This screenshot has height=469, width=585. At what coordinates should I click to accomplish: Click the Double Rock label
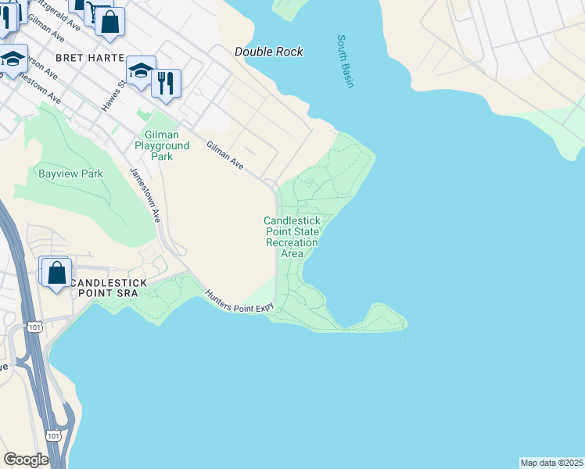point(268,52)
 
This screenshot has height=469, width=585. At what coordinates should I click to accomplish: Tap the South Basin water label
point(345,61)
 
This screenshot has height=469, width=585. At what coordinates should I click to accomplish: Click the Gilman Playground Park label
point(162,145)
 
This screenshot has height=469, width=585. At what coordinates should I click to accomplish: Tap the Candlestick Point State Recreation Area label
point(292,237)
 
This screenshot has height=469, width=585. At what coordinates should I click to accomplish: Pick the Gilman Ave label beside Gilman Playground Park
point(225,156)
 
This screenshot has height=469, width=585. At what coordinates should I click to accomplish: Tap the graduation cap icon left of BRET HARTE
point(12,60)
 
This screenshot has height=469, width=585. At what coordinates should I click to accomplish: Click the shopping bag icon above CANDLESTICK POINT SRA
point(57,274)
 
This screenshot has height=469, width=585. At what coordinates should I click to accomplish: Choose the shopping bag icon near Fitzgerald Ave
point(110,22)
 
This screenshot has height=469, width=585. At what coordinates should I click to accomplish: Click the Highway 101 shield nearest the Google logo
point(53,435)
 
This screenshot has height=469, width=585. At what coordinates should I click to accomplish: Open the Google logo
point(26,460)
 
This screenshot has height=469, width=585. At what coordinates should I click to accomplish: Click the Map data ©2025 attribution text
point(551,462)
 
